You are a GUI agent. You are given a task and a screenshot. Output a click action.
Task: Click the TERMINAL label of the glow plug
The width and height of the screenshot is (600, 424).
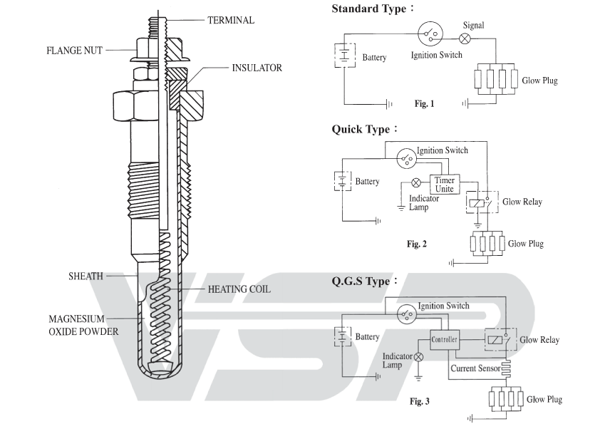point(231,20)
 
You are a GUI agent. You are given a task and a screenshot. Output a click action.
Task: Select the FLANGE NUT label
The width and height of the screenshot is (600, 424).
point(75,51)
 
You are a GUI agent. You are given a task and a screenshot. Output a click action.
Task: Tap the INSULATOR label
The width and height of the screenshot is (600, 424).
point(257,68)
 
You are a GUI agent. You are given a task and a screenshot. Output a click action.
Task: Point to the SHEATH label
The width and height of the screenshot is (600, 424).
point(86,276)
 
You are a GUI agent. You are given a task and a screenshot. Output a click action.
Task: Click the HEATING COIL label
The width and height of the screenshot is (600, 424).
point(239,289)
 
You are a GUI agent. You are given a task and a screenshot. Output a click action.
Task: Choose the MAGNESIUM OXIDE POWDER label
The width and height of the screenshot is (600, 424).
point(83,325)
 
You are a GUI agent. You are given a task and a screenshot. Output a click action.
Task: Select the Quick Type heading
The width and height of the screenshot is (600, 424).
point(364,129)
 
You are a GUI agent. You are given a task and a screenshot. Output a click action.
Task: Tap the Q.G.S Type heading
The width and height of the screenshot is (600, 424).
point(364,281)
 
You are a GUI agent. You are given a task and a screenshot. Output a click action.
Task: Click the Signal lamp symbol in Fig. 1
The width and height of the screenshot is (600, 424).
point(465,38)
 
